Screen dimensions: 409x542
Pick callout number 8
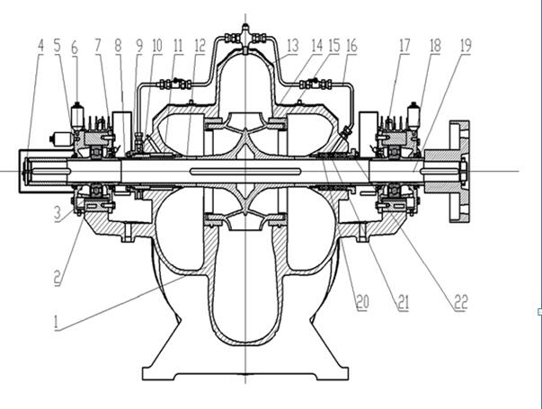tap(118, 45)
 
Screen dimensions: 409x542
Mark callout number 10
tap(157, 45)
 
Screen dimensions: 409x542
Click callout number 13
tap(293, 45)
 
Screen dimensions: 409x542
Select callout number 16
tap(351, 45)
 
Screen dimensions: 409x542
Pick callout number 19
tap(466, 45)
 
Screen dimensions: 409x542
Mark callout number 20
tap(362, 303)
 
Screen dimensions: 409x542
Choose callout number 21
tap(402, 303)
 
